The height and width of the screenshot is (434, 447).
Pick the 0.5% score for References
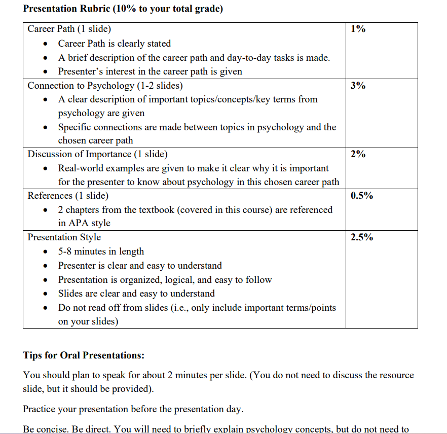point(362,196)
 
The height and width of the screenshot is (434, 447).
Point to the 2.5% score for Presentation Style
point(362,237)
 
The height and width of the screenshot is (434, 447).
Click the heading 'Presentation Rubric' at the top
point(123,9)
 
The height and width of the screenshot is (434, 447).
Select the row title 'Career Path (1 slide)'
point(69,29)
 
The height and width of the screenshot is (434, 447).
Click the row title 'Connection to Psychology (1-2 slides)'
point(105,86)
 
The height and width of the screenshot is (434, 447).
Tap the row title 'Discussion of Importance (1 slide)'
point(97,154)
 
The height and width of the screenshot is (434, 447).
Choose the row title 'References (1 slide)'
point(68,196)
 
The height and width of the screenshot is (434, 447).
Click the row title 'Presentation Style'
point(64,237)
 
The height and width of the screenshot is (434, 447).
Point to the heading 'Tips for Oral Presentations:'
point(84,355)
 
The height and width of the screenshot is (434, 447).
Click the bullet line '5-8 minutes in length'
point(101,251)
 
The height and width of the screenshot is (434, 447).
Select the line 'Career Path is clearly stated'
point(114,44)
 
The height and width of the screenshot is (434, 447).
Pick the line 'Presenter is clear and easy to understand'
point(140,266)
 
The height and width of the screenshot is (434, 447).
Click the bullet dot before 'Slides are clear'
point(47,294)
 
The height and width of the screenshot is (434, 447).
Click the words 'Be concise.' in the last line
point(47,429)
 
